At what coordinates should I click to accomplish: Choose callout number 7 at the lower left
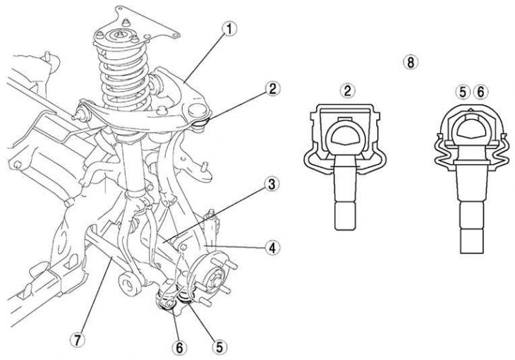[78, 339]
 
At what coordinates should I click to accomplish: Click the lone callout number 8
[409, 61]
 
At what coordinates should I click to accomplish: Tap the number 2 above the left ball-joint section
[346, 90]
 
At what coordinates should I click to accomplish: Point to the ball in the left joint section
[346, 135]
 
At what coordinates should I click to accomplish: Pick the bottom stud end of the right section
[471, 240]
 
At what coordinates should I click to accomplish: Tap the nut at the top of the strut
[124, 32]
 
